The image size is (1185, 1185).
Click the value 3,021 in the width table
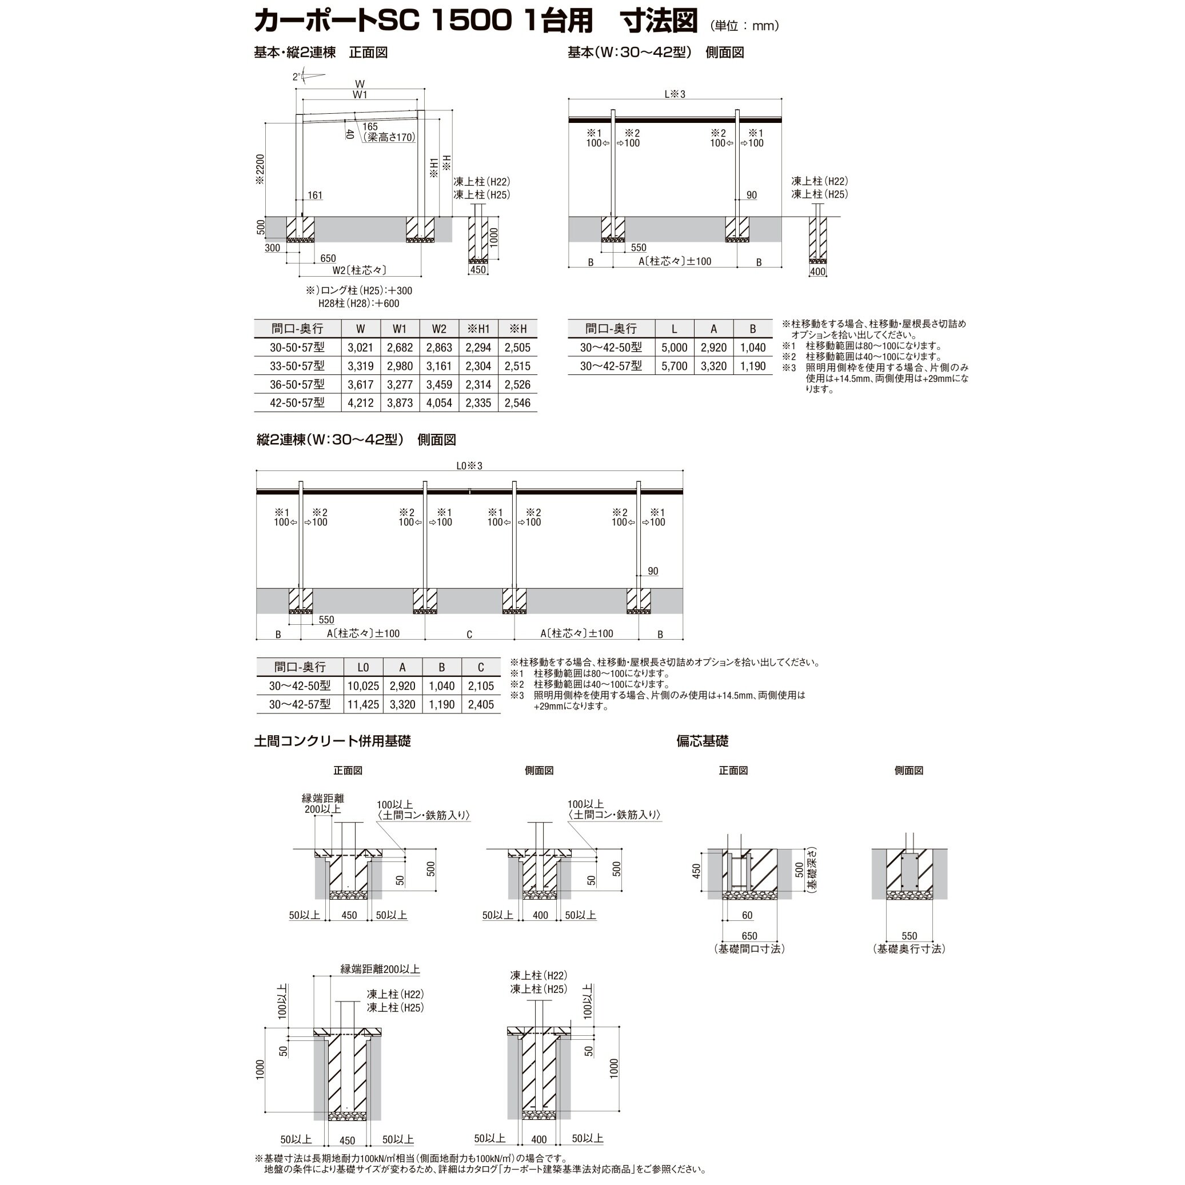pos(360,348)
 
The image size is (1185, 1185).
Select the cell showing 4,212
pos(360,403)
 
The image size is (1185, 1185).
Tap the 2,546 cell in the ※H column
pos(517,403)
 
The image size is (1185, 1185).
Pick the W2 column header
pos(438,329)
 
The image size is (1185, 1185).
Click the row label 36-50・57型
pos(297,385)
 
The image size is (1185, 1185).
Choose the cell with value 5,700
pos(674,366)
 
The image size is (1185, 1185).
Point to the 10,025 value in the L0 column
pos(363,687)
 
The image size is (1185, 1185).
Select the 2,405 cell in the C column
pos(481,705)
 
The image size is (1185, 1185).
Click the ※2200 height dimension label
pos(260,169)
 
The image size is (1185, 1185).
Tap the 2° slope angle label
pos(297,77)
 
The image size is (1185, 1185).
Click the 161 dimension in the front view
pos(314,195)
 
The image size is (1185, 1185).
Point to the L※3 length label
pos(675,94)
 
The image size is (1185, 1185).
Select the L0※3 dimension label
pos(469,466)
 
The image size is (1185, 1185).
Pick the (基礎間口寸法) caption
pos(749,949)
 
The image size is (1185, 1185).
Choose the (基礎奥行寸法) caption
pos(909,949)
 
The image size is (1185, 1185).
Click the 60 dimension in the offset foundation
pos(747,916)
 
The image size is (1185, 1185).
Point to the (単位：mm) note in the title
pos(744,26)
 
